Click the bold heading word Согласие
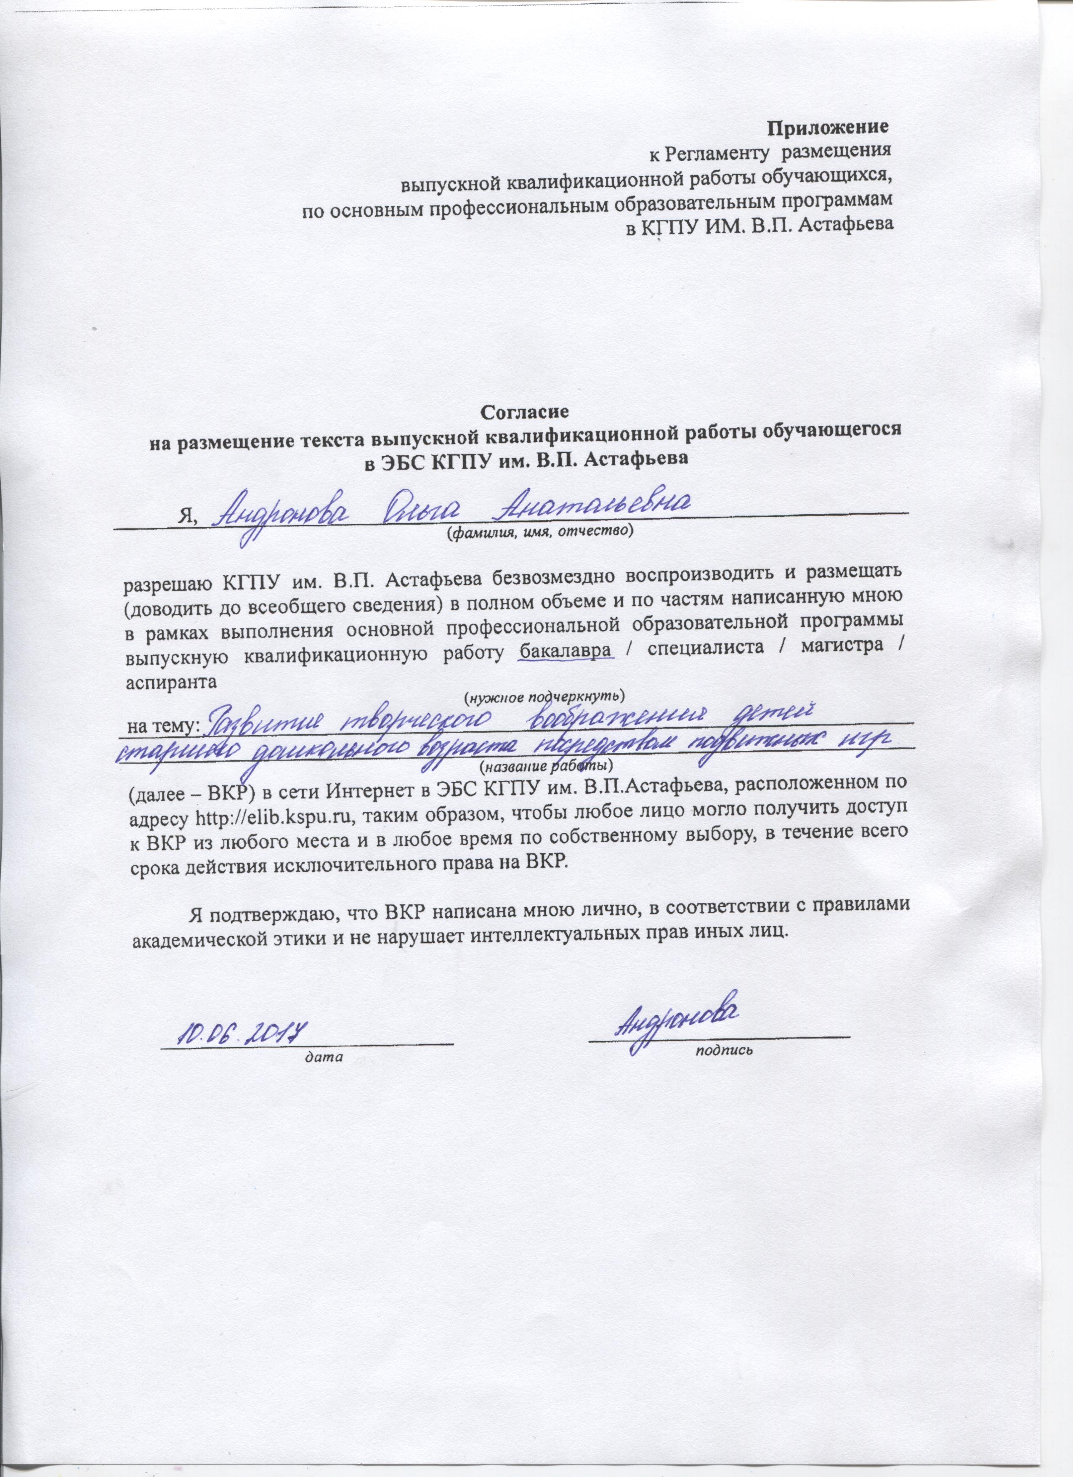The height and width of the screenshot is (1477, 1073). pyautogui.click(x=525, y=412)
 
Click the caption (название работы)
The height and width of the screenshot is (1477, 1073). pyautogui.click(x=546, y=762)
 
